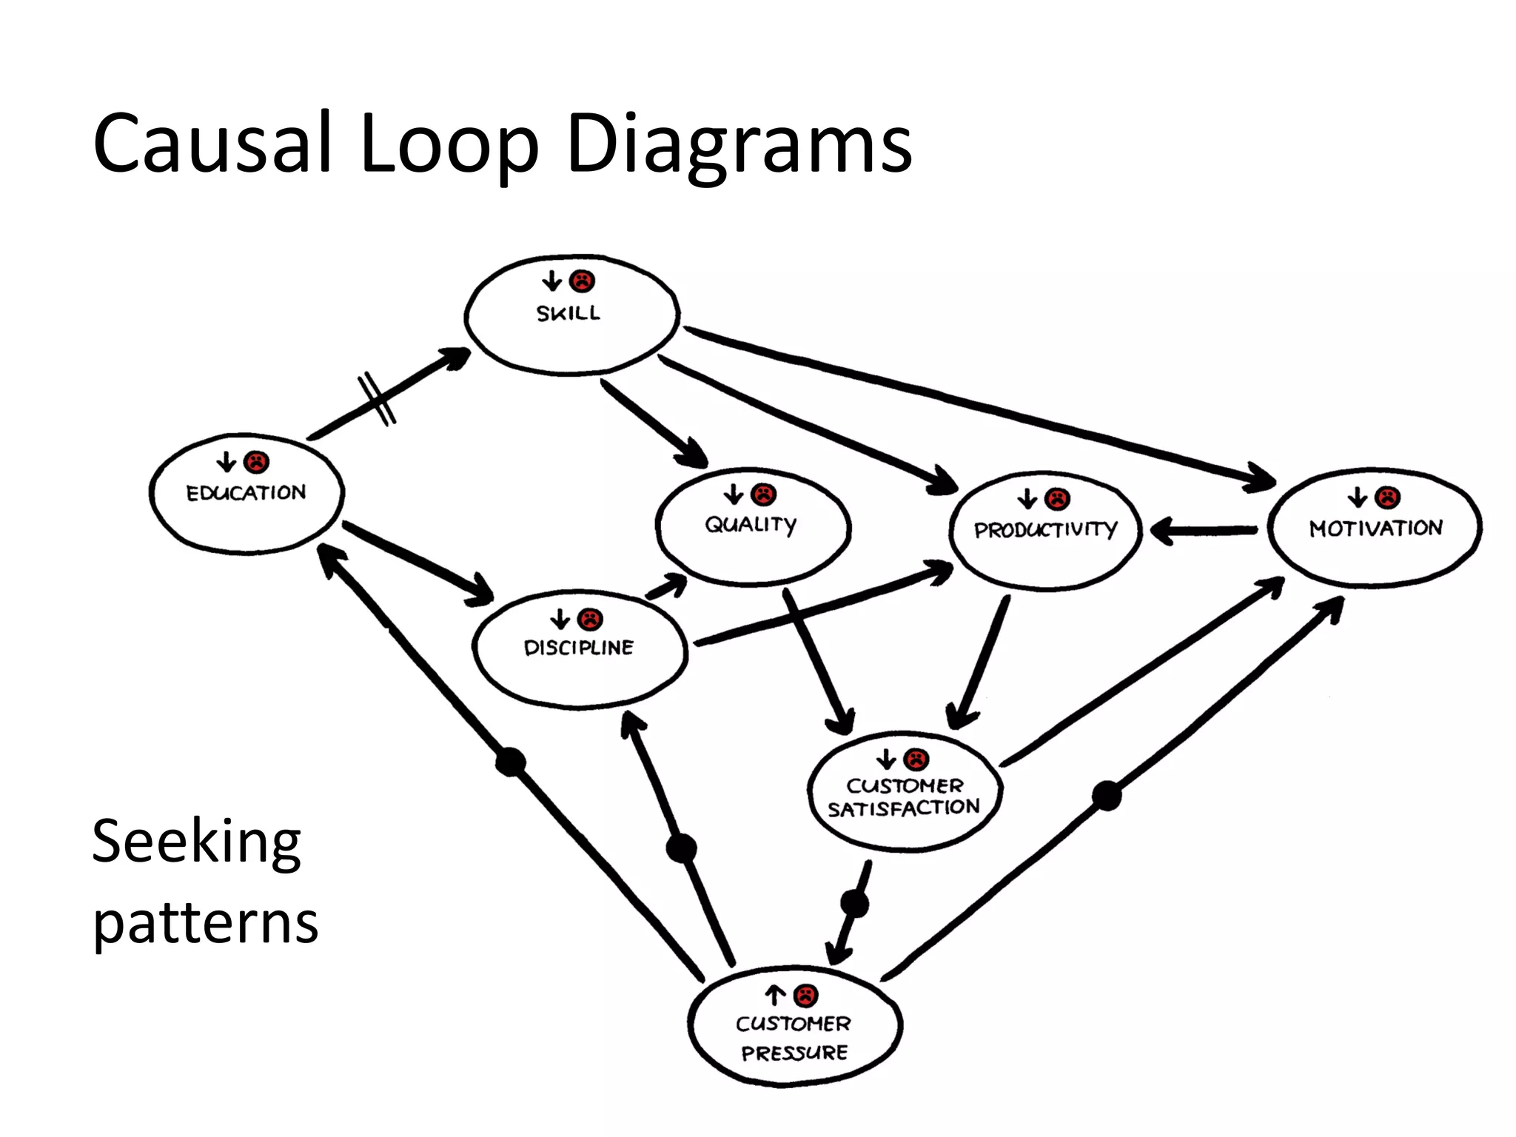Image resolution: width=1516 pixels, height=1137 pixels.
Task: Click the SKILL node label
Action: [568, 313]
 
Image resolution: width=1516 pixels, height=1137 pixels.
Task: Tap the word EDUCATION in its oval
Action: [246, 493]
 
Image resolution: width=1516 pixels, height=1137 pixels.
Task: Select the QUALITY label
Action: [751, 525]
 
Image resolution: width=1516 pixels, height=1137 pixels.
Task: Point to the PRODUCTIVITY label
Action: [1045, 530]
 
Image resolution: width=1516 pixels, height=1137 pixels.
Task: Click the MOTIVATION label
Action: [1375, 529]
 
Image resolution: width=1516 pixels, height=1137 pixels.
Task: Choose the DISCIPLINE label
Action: [579, 648]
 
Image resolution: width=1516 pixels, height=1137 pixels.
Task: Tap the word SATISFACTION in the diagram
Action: [903, 808]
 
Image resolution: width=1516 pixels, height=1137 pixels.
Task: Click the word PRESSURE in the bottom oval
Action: [794, 1053]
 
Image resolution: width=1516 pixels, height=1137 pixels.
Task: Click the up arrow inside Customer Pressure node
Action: [774, 996]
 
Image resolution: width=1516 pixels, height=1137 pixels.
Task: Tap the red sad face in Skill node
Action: [583, 281]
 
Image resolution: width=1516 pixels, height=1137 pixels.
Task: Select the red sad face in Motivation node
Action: [1388, 497]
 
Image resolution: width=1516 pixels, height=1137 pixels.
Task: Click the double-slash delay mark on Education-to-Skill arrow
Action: [377, 400]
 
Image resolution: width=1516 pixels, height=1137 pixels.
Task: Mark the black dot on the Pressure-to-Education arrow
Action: [510, 762]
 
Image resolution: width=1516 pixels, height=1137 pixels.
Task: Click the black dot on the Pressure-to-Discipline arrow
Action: [681, 848]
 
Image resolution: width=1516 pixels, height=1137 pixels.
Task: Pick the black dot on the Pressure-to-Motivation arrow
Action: [1107, 796]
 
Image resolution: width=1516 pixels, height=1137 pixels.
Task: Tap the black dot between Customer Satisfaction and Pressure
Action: [855, 904]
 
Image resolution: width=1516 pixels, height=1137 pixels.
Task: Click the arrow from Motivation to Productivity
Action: [1203, 531]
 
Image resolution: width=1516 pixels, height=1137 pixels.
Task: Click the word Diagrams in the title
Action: [739, 144]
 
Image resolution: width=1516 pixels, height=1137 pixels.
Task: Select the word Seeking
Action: [196, 842]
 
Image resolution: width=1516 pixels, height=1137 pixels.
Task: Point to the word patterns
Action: [205, 923]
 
